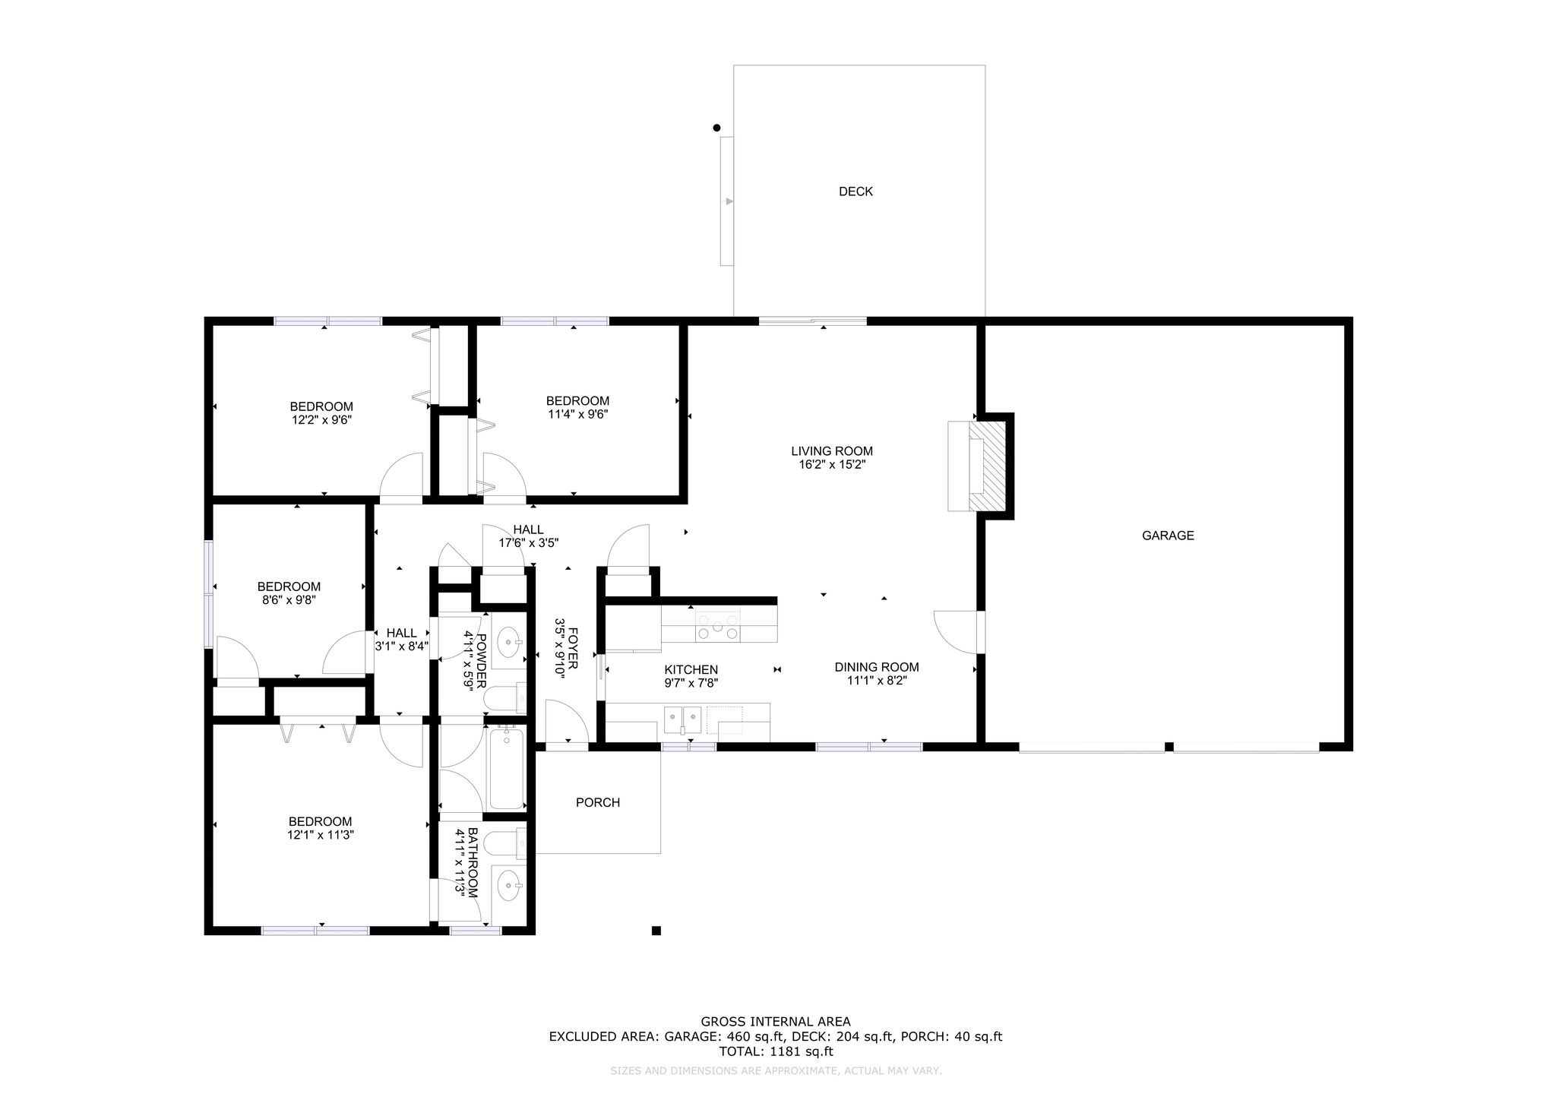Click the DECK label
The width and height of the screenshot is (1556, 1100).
click(855, 191)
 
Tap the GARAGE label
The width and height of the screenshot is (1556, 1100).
click(1168, 536)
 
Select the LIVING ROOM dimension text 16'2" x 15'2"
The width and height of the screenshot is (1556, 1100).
click(832, 464)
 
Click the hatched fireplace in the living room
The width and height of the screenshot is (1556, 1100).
click(987, 466)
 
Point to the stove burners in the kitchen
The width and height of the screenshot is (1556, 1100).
click(719, 625)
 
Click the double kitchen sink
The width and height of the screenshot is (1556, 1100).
click(682, 716)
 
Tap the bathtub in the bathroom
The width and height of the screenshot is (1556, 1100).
click(506, 767)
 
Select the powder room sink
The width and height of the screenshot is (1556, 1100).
click(509, 643)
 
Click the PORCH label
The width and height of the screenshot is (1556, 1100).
click(598, 802)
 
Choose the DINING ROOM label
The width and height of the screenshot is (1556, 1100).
click(877, 668)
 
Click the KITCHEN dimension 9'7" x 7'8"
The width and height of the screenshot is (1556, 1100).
click(691, 683)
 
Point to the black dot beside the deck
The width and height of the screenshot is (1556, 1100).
click(716, 128)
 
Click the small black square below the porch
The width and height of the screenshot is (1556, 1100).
click(656, 931)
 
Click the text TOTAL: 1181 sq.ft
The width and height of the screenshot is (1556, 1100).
click(776, 1052)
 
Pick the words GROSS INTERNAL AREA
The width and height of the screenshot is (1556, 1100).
click(776, 1022)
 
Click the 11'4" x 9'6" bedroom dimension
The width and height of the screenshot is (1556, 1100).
click(577, 414)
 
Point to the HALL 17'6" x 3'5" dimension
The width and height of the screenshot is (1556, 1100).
click(529, 543)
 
